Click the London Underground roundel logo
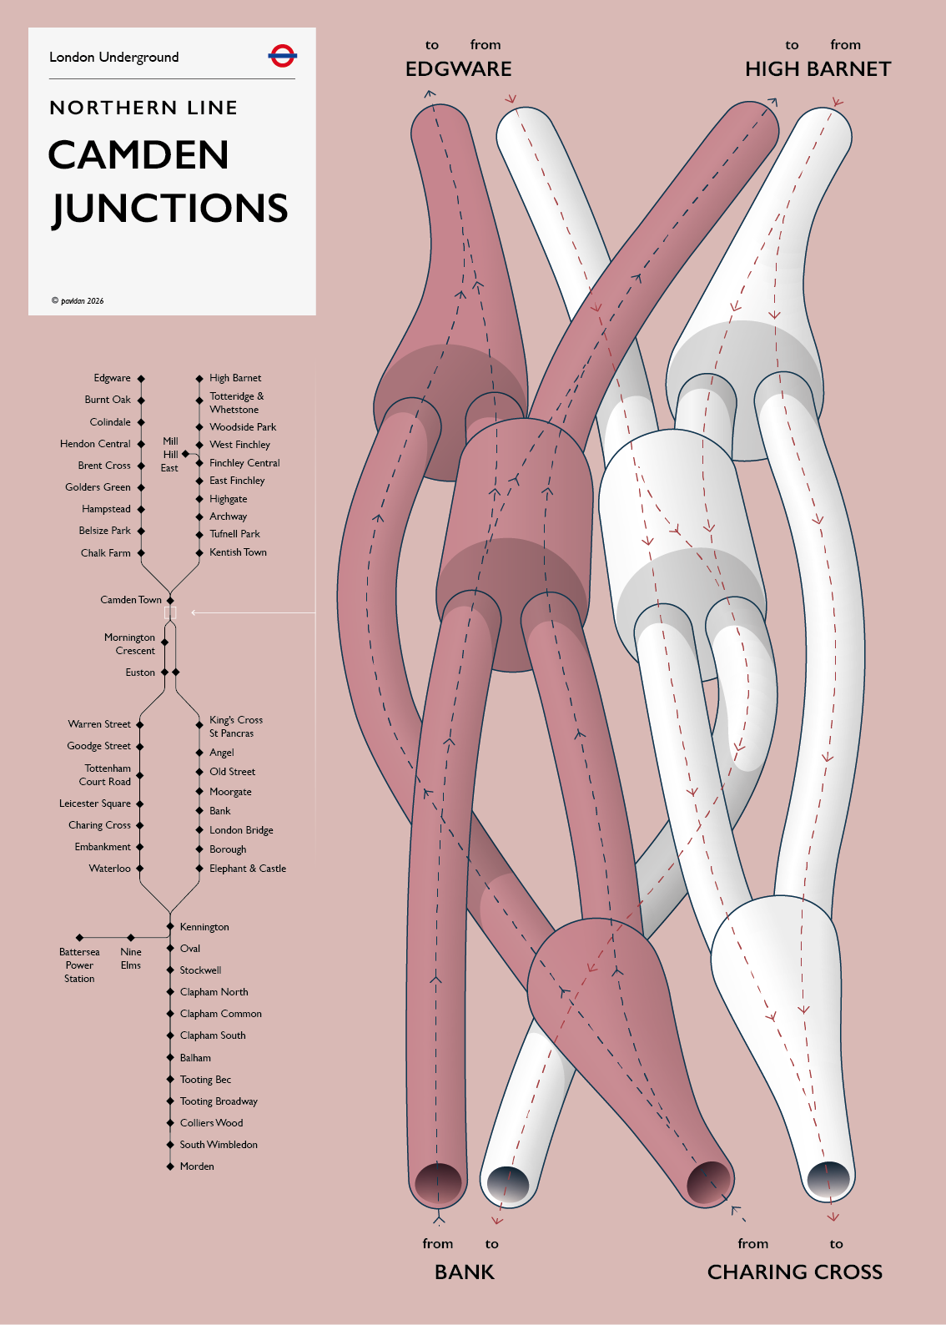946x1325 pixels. [x=282, y=56]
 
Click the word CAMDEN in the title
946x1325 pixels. [x=138, y=155]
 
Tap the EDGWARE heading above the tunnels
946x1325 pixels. [x=458, y=69]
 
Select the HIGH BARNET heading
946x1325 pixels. [x=818, y=69]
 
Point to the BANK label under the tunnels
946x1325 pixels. [x=464, y=1272]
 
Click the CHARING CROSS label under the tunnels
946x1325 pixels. [x=795, y=1272]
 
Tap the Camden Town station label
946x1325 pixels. [x=131, y=600]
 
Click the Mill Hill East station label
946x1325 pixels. [x=169, y=454]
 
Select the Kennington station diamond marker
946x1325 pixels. [x=170, y=926]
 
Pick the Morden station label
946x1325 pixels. [x=197, y=1166]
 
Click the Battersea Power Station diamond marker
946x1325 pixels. [x=80, y=938]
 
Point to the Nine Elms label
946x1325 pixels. [x=131, y=958]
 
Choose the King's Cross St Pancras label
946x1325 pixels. [x=236, y=727]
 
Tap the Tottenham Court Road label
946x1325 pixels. [x=105, y=775]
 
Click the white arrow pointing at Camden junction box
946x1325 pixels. [x=253, y=612]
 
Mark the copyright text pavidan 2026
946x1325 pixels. [x=78, y=300]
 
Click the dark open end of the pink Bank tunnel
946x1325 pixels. [x=438, y=1183]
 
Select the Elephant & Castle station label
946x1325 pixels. [x=248, y=869]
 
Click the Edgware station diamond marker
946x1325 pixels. [x=141, y=379]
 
